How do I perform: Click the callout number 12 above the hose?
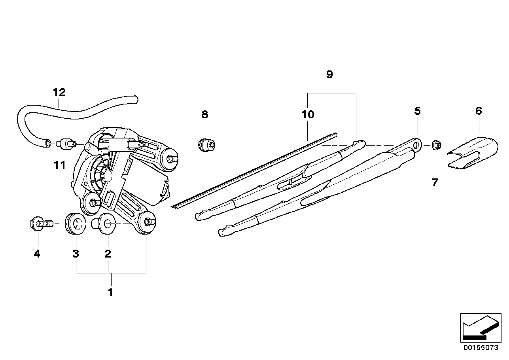pos(59,93)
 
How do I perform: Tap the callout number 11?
pos(60,165)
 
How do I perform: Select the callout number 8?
pos(204,115)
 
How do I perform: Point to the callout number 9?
pos(329,74)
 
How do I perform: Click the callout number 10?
pos(308,115)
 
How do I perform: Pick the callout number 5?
pos(417,111)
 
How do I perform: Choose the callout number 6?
pos(479,111)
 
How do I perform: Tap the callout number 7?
pos(435,183)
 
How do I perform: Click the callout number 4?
pos(37,254)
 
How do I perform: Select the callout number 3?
pos(76,254)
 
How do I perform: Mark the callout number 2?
pos(108,254)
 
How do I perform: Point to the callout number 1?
pos(111,293)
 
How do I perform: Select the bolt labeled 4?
pos(41,224)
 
